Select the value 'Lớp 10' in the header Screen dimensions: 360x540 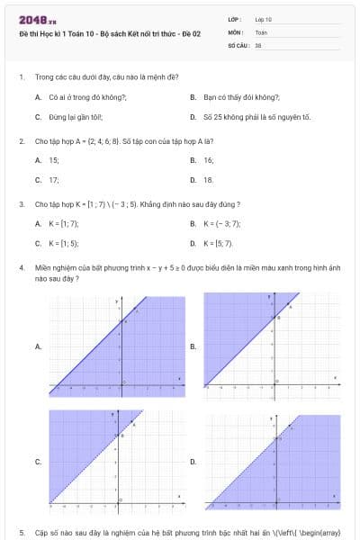264,18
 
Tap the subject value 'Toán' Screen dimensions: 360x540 261,31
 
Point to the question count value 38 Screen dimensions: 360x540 258,44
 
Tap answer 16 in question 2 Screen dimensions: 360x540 209,159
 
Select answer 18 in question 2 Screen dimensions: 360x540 209,180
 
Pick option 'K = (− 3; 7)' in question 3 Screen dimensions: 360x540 221,222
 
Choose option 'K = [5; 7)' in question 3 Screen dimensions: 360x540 219,243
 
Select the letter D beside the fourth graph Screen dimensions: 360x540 193,461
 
